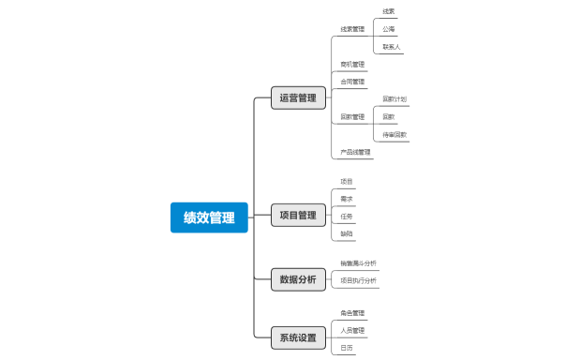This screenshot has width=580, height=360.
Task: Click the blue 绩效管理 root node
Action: [209, 217]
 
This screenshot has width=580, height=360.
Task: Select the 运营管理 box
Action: [298, 97]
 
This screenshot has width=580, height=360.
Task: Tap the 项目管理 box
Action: [298, 216]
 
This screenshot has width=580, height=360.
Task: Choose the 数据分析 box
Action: [298, 278]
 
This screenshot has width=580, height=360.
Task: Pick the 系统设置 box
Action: [298, 337]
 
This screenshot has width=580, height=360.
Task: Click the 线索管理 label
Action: [352, 29]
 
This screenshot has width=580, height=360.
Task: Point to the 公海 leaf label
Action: [388, 29]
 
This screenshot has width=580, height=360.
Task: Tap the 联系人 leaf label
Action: [392, 47]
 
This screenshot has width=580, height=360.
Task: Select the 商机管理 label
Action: [352, 65]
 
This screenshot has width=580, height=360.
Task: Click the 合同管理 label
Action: [352, 82]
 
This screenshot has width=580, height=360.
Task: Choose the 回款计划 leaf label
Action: [394, 99]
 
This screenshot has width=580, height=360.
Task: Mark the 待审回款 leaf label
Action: [394, 135]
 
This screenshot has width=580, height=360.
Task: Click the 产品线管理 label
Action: [355, 152]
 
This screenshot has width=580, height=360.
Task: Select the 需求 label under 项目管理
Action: [347, 199]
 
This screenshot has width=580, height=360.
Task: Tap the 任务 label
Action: [347, 217]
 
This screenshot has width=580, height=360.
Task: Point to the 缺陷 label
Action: [347, 233]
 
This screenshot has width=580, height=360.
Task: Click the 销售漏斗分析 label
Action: [358, 263]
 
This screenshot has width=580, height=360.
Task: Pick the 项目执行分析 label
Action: [358, 280]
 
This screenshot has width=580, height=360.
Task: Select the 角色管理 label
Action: [352, 313]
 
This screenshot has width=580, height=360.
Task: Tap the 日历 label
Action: [347, 348]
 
